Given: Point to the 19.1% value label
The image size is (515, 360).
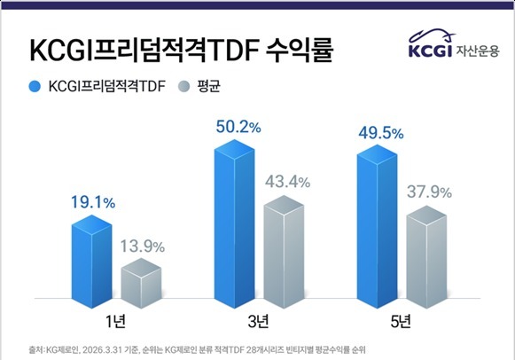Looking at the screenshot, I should pyautogui.click(x=93, y=202).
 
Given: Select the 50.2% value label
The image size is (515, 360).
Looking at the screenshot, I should pyautogui.click(x=238, y=127).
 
